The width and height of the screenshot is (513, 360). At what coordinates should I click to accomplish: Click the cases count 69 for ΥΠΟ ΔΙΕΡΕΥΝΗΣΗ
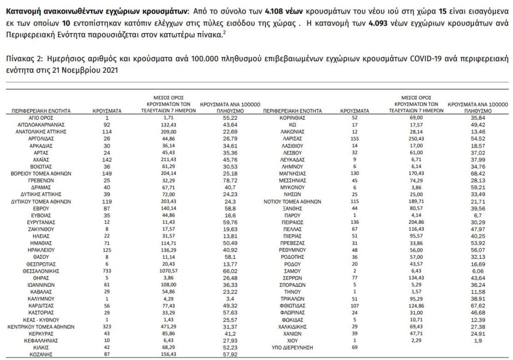[x=354, y=346]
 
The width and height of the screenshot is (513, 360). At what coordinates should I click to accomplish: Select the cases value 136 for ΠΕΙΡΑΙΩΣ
[x=354, y=222]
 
